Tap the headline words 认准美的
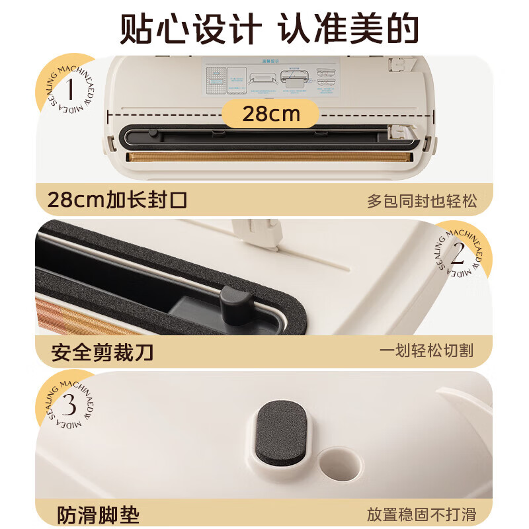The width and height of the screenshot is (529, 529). pos(348,29)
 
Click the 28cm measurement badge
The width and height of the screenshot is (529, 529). pos(270,114)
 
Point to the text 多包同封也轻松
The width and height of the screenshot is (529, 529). pos(421,201)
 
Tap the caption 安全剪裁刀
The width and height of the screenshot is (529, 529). pos(102,352)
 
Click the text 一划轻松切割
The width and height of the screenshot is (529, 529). pos(427,351)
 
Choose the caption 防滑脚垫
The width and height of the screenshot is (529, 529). pos(94,514)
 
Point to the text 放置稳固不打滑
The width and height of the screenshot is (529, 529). pos(421,514)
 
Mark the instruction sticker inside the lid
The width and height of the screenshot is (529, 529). pos(270,79)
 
